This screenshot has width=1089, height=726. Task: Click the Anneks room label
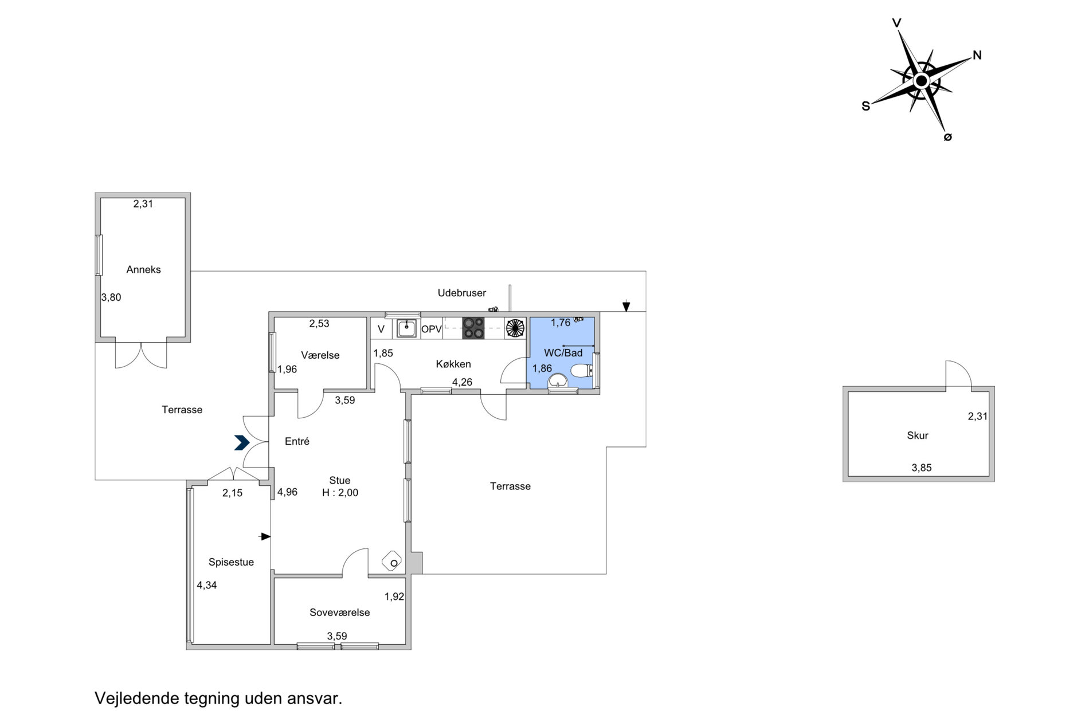click(143, 270)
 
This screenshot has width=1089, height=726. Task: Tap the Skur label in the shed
click(918, 435)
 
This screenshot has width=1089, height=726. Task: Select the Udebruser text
click(462, 293)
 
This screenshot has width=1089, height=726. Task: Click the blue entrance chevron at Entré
click(241, 442)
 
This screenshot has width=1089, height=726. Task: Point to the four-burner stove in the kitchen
click(473, 328)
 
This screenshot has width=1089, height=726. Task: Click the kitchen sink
click(406, 328)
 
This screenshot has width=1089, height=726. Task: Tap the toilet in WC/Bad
click(581, 370)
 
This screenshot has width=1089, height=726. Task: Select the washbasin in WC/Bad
click(558, 380)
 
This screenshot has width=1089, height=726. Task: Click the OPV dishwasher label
click(432, 329)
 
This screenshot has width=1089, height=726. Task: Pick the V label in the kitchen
click(381, 329)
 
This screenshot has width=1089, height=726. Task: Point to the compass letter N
click(977, 56)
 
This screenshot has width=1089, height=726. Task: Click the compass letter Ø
click(947, 137)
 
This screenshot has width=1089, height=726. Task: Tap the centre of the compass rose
click(921, 81)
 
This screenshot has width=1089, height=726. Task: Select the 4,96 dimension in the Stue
click(287, 492)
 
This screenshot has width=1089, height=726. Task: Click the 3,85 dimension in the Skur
click(922, 468)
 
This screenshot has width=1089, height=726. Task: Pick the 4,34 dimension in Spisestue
click(207, 586)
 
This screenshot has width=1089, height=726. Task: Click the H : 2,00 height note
click(340, 493)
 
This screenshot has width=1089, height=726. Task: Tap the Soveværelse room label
click(340, 613)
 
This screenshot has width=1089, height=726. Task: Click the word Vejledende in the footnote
click(138, 698)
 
